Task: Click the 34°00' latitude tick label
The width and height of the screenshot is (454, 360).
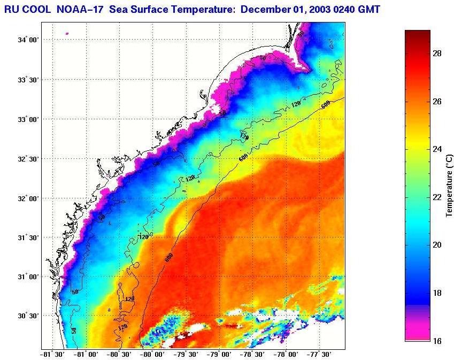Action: pyautogui.click(x=27, y=40)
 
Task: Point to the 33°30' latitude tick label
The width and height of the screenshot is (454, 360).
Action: pyautogui.click(x=27, y=80)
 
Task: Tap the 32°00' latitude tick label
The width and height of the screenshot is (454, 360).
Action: pyautogui.click(x=27, y=198)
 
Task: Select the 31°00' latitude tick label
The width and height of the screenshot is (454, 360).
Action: pyautogui.click(x=27, y=277)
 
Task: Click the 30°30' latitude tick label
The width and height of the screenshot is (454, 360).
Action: pyautogui.click(x=27, y=316)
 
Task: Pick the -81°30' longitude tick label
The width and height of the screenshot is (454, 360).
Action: pyautogui.click(x=52, y=354)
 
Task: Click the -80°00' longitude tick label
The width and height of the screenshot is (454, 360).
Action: pyautogui.click(x=152, y=354)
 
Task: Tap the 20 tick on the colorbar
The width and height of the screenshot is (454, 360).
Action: pyautogui.click(x=436, y=245)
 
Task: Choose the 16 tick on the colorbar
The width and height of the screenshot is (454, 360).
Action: pyautogui.click(x=436, y=341)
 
